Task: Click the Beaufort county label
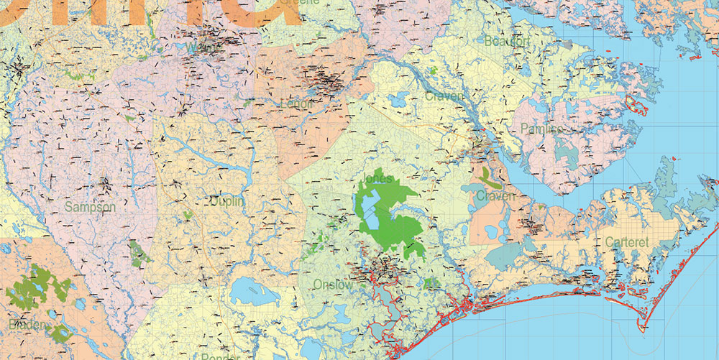click(x=506, y=42)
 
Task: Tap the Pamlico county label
click(x=541, y=129)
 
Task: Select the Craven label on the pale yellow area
click(x=444, y=96)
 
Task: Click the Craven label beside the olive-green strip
click(x=495, y=195)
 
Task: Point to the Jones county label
click(x=378, y=178)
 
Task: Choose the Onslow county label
click(x=333, y=285)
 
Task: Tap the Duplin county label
click(x=226, y=202)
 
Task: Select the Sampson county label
click(x=90, y=207)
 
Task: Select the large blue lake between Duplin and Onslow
click(x=249, y=290)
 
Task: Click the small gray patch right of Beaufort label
click(x=567, y=45)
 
